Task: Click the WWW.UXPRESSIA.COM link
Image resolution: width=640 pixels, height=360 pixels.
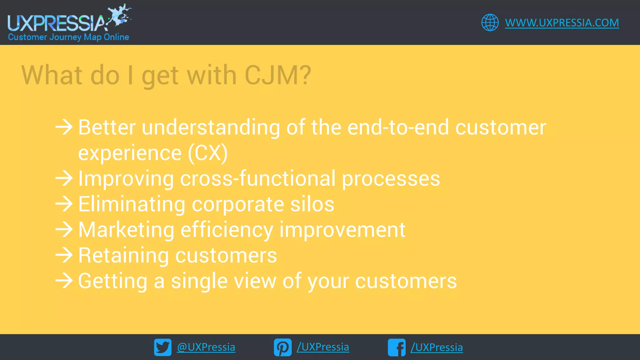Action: (562, 23)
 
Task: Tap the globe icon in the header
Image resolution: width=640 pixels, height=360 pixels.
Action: (490, 22)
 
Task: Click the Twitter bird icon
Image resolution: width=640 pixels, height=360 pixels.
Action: (162, 347)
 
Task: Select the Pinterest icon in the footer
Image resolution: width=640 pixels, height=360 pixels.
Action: (282, 347)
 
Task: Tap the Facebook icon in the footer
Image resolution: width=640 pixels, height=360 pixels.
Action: (397, 347)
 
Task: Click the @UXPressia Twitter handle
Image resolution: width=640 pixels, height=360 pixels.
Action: (206, 347)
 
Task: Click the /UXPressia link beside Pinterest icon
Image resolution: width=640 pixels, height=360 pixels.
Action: (323, 347)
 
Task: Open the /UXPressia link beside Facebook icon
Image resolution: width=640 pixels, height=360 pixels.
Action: (437, 347)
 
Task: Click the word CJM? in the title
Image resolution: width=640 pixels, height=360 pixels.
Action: (278, 75)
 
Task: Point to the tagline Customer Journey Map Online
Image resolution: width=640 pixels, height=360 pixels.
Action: (68, 37)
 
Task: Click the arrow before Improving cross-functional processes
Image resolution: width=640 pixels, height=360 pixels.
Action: (64, 178)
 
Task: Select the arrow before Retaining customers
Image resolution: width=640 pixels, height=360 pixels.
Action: (64, 255)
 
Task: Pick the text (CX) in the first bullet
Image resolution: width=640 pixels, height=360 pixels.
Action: (208, 153)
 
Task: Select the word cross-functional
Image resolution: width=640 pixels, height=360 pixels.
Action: (258, 178)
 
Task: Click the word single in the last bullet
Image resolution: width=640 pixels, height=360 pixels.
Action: (199, 281)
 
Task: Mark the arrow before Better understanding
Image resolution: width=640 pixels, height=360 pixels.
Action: (64, 127)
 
